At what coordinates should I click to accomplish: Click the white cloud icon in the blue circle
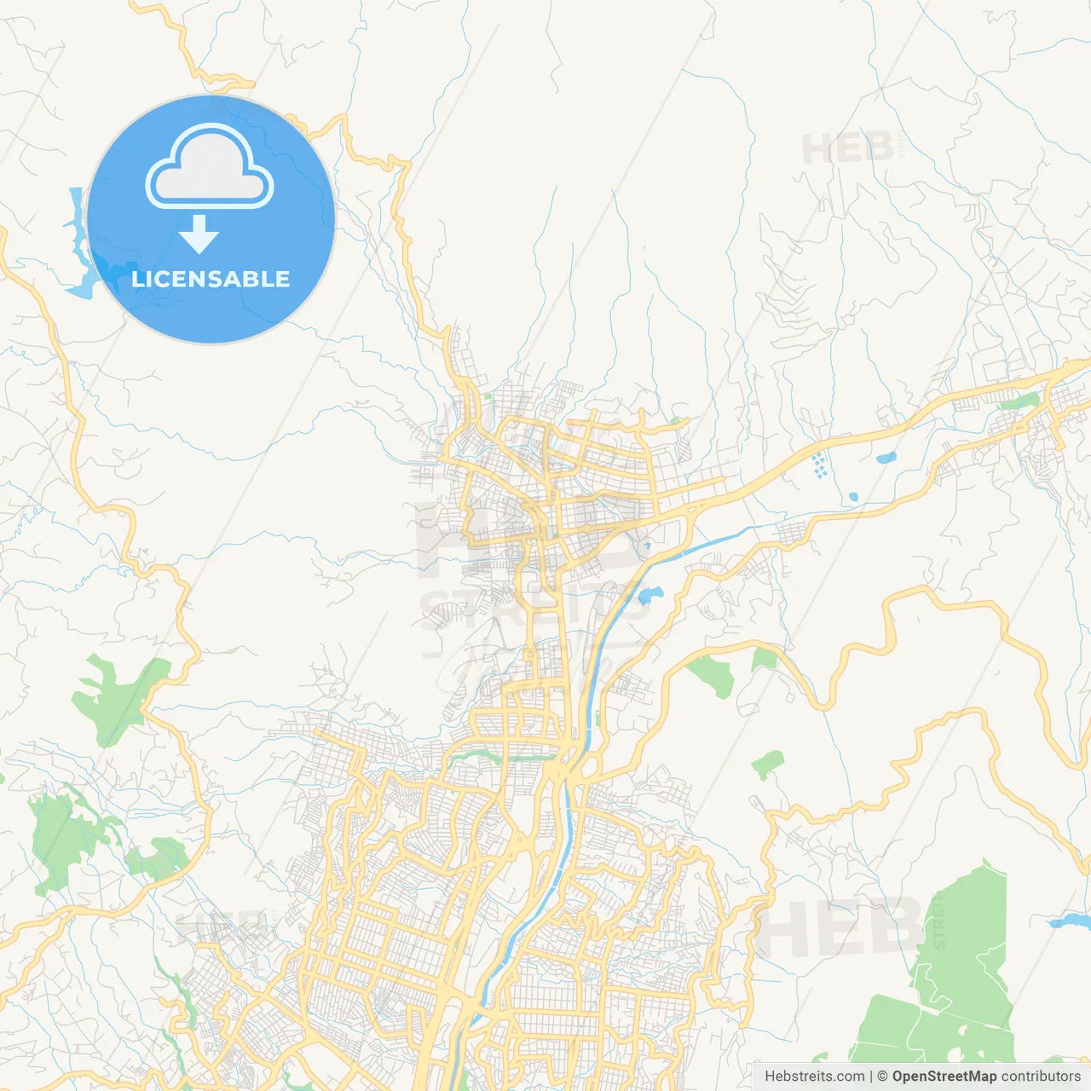coord(210,167)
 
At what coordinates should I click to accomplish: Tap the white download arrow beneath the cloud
coord(199,235)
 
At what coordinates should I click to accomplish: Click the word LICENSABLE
coord(211,279)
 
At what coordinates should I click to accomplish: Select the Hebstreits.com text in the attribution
coord(814,1077)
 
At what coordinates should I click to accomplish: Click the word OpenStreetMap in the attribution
coord(944,1077)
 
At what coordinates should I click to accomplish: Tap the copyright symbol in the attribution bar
coord(882,1077)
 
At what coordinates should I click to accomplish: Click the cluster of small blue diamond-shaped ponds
coord(819,465)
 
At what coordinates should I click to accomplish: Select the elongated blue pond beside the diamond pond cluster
coord(886,458)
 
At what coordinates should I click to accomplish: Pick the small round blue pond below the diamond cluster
coord(852,496)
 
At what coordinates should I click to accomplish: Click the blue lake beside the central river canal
coord(649,594)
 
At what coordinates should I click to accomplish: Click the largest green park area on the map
coord(946,989)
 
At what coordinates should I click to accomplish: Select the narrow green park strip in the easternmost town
coord(1019,401)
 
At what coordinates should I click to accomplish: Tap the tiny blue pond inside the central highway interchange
coord(646,544)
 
